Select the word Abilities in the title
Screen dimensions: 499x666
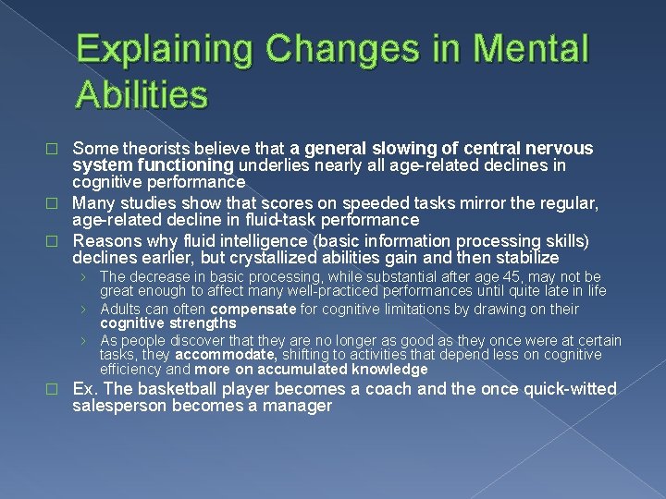[x=143, y=93]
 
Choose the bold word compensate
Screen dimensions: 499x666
[x=253, y=310]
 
